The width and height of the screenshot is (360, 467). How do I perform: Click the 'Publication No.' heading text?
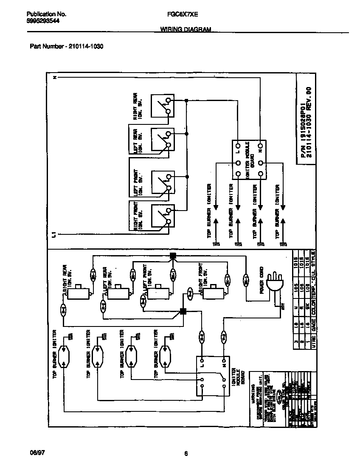43,14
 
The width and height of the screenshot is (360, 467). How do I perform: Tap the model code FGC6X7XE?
183,14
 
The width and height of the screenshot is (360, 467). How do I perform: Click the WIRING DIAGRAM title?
186,30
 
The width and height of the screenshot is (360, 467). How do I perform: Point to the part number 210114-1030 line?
67,46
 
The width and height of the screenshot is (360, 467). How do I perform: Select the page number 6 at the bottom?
186,453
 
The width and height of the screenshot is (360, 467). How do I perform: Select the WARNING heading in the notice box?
252,388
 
